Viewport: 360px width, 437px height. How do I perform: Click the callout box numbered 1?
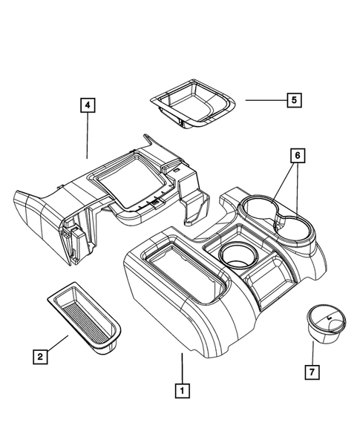point(180,387)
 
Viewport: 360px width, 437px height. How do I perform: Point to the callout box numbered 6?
point(298,156)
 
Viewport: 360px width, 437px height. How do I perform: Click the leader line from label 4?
point(88,137)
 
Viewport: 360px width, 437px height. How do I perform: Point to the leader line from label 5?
point(264,99)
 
